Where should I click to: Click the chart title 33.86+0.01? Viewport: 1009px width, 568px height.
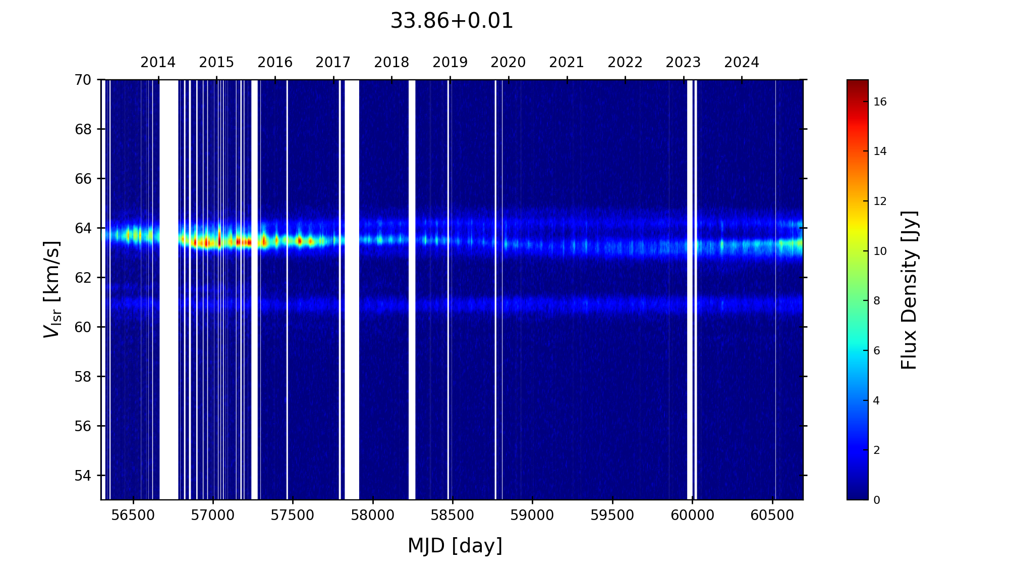click(452, 21)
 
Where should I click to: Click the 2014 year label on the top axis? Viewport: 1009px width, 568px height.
click(158, 63)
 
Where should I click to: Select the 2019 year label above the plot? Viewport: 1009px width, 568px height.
click(450, 63)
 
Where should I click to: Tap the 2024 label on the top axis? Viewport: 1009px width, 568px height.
click(742, 63)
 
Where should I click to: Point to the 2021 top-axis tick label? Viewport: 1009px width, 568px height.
click(567, 63)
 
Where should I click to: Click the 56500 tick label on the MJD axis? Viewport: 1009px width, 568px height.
click(133, 515)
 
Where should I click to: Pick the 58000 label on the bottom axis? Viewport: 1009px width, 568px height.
click(373, 515)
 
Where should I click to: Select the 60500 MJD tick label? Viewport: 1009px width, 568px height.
click(772, 515)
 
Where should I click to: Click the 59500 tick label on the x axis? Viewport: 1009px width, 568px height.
click(612, 515)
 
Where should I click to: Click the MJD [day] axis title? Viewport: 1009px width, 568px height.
click(455, 546)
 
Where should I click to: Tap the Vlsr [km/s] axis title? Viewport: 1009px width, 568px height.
click(52, 289)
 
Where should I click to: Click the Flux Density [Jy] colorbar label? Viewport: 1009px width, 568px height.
click(909, 290)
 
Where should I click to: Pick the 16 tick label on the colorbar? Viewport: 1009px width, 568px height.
click(880, 102)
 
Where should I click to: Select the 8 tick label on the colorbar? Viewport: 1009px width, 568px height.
click(877, 301)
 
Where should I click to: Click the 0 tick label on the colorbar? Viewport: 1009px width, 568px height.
click(877, 500)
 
